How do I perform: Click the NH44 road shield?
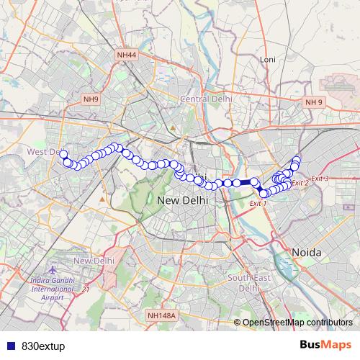(x=127, y=54)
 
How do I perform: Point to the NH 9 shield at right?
(x=314, y=102)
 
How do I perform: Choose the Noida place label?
(x=307, y=253)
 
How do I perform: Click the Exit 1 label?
(x=258, y=204)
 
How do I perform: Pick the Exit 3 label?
(x=320, y=179)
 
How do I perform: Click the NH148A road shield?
(x=161, y=315)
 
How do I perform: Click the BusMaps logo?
(x=325, y=346)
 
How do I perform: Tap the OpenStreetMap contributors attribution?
(x=297, y=323)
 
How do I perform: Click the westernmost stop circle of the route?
(x=63, y=154)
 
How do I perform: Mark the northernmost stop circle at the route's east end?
(x=297, y=160)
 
